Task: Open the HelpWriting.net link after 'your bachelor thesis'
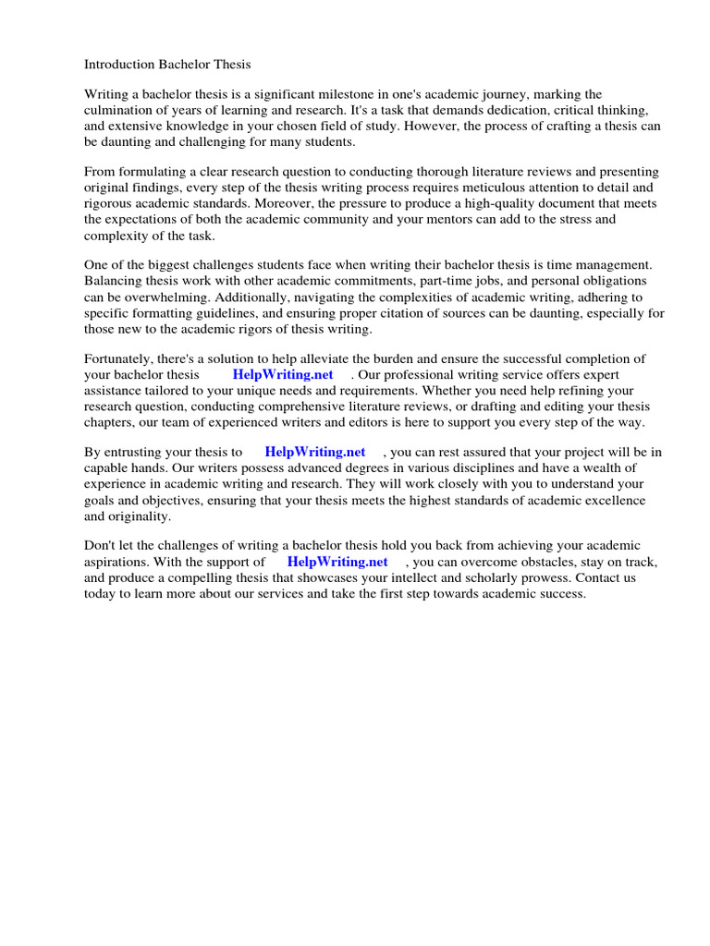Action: coord(283,374)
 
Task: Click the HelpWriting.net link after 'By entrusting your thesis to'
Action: coord(314,452)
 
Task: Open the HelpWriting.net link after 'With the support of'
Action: coord(337,562)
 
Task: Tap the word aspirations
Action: coord(117,562)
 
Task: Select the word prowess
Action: coord(540,577)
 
